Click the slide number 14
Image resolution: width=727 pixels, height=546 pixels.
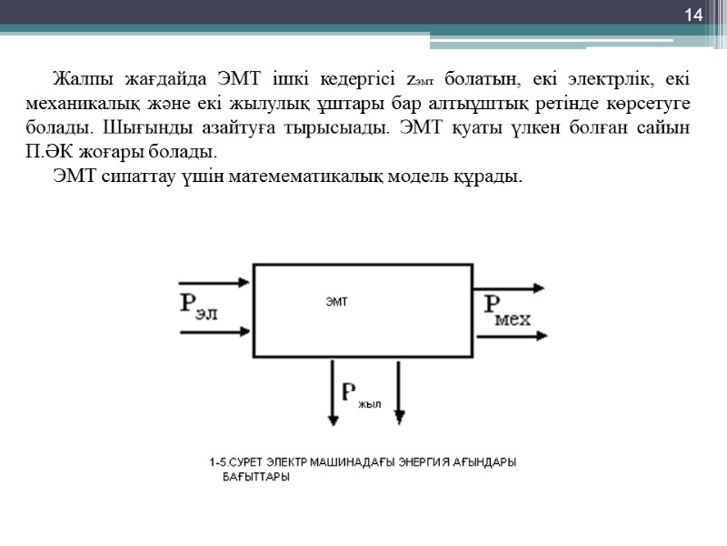[x=694, y=15]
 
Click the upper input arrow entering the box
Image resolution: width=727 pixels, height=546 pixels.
[x=215, y=282]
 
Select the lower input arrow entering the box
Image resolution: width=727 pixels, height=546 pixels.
[x=215, y=332]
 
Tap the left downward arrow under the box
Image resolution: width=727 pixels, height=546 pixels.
[x=334, y=391]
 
